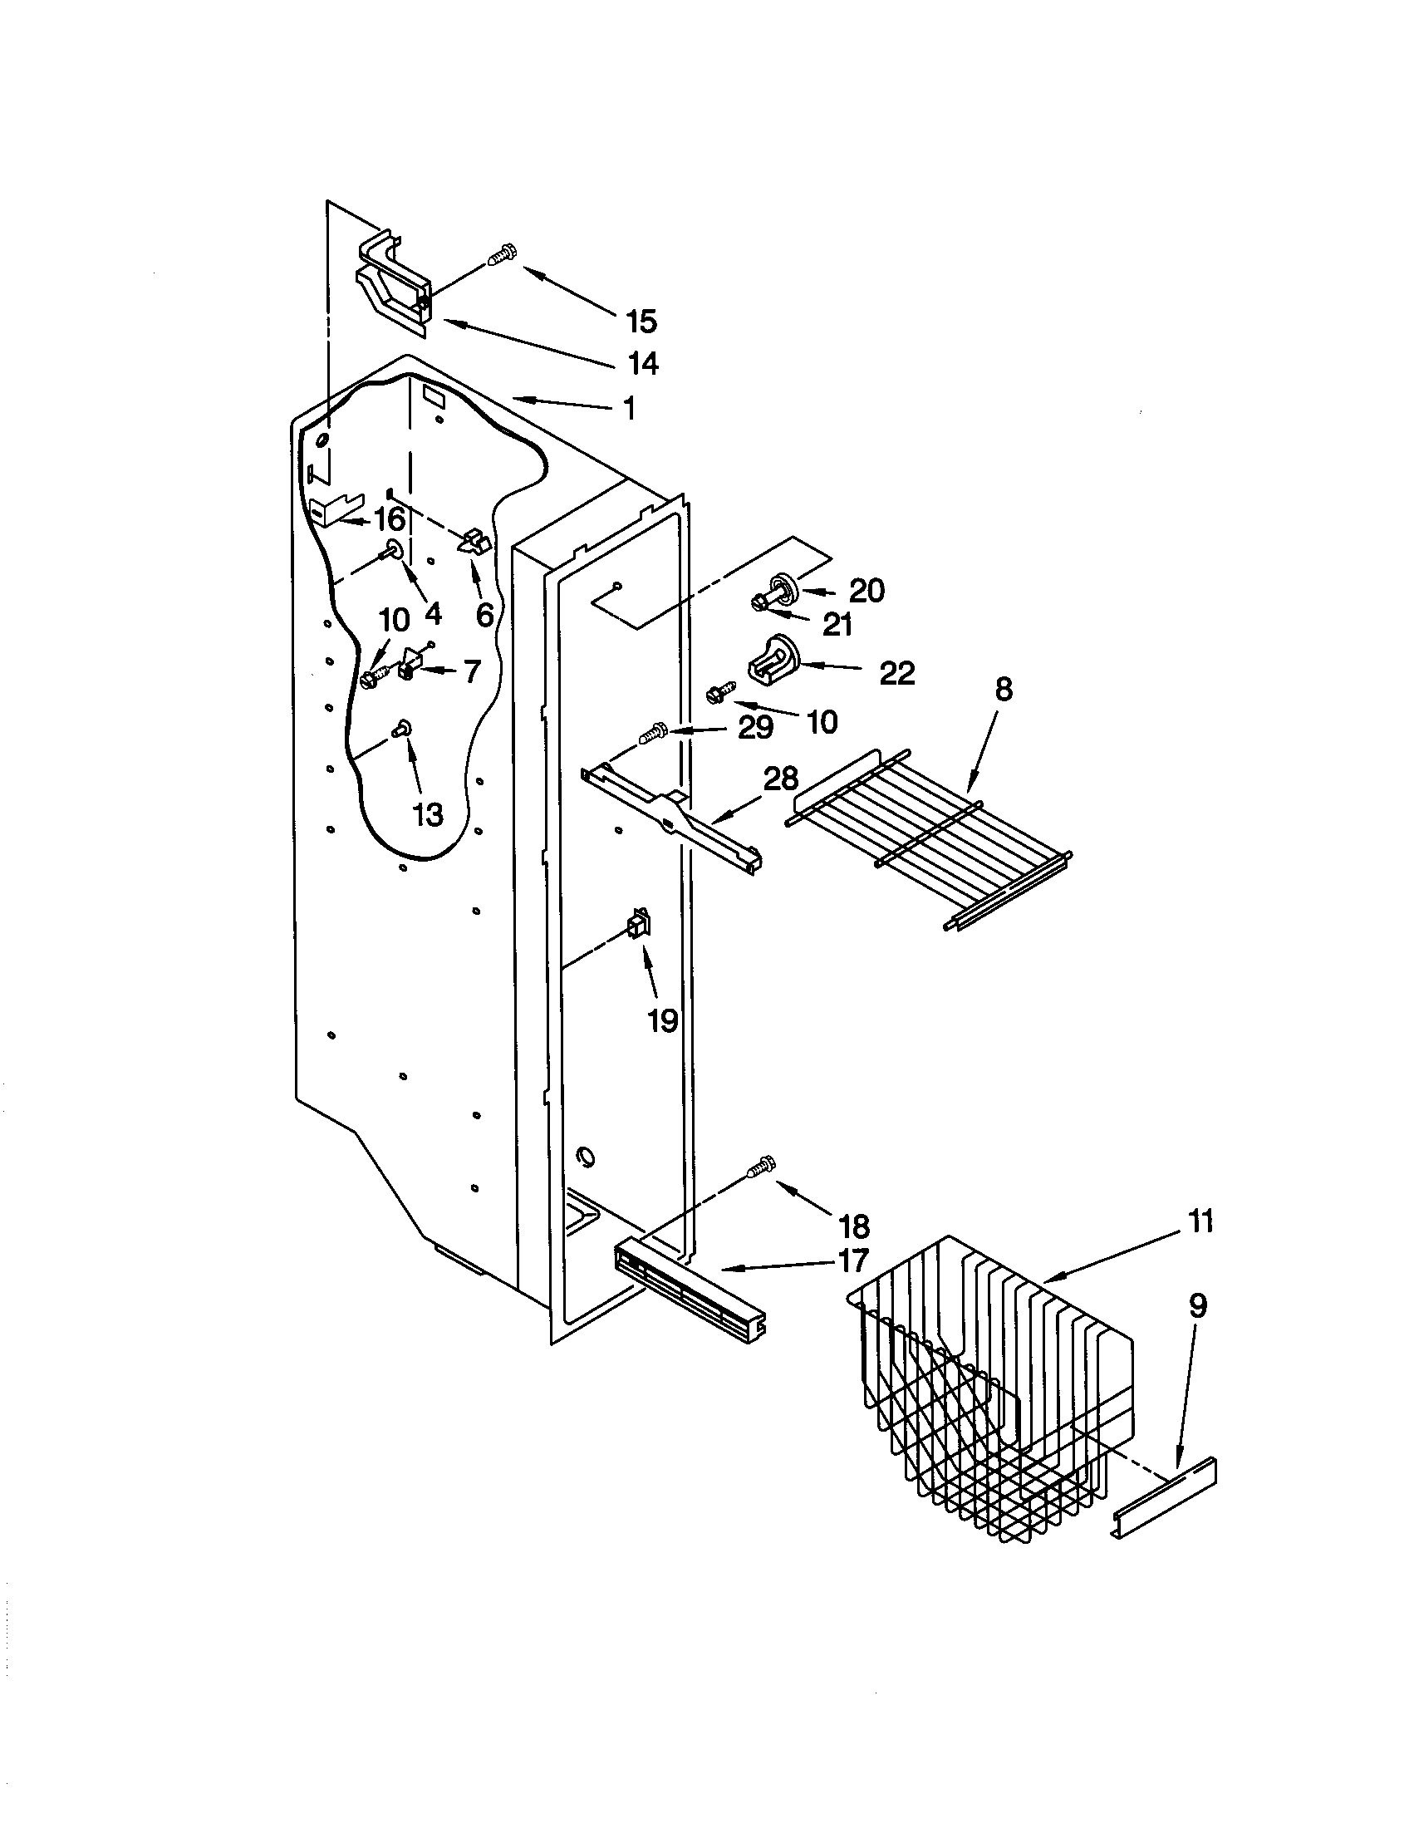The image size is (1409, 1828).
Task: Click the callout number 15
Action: pos(641,322)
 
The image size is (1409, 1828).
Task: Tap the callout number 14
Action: pos(642,363)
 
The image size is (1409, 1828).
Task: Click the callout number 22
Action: pos(897,673)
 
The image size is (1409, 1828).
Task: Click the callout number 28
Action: pos(780,779)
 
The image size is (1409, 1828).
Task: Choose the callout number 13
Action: pos(428,813)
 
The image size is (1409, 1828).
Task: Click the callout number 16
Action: pos(388,520)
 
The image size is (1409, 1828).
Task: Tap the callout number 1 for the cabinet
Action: pos(629,410)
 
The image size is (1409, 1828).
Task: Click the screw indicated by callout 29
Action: pos(652,734)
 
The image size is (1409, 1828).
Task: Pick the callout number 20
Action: pos(867,591)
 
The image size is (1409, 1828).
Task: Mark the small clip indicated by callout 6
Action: pos(473,541)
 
